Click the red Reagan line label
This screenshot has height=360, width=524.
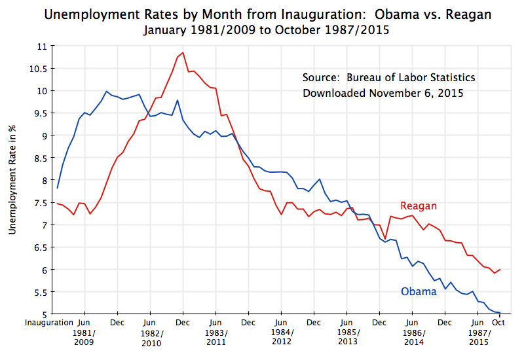click(418, 206)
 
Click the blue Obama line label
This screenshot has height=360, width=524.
click(418, 291)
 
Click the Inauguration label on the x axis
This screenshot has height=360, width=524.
click(49, 323)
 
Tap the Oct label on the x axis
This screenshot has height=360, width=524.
click(498, 323)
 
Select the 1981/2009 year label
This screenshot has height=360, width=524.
click(84, 337)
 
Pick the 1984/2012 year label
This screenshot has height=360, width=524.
click(281, 337)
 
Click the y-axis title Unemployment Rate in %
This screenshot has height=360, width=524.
click(12, 180)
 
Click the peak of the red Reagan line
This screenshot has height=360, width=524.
click(183, 52)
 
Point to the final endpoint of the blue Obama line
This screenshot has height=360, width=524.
click(500, 313)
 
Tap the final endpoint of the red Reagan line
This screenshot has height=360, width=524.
click(500, 269)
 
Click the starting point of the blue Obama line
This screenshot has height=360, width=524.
click(58, 188)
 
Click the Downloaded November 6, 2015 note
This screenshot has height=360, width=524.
click(383, 93)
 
